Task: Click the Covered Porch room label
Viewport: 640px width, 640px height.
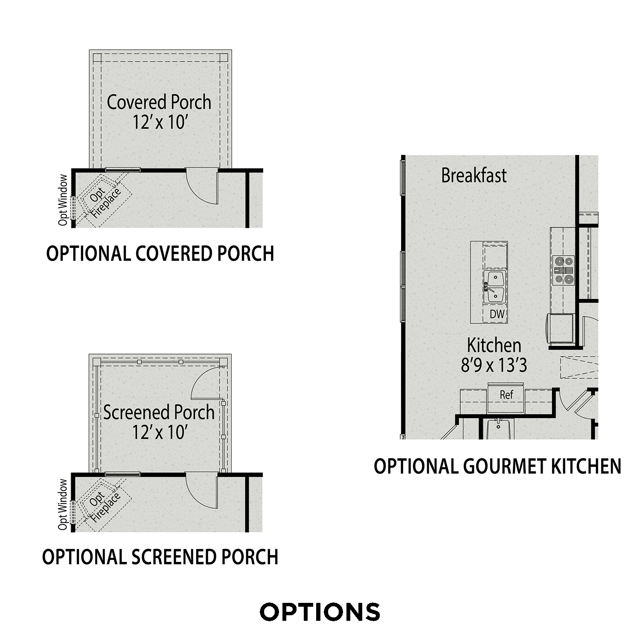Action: click(159, 102)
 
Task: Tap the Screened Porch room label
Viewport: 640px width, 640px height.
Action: click(159, 413)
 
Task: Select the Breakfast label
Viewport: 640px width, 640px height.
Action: click(474, 176)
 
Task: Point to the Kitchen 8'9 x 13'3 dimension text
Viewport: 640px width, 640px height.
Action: click(494, 365)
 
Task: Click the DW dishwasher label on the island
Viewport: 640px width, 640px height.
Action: click(497, 314)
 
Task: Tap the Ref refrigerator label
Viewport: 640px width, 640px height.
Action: click(506, 395)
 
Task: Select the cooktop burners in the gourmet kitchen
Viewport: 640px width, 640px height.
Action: click(563, 270)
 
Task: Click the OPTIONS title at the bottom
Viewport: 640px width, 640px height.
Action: click(320, 612)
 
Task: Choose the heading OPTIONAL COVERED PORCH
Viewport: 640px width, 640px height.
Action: click(160, 253)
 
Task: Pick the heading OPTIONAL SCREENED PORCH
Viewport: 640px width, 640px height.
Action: click(160, 557)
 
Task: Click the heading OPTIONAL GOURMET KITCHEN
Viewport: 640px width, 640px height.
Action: click(497, 466)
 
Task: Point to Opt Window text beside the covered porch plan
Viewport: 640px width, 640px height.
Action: click(63, 200)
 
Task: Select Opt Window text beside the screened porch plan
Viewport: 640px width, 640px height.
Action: click(63, 504)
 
